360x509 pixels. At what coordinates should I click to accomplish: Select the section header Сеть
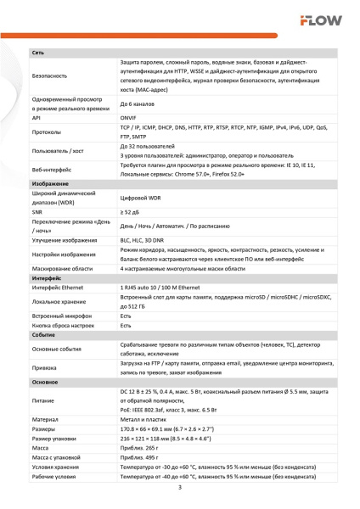click(x=39, y=53)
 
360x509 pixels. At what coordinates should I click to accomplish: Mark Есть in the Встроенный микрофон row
click(x=126, y=316)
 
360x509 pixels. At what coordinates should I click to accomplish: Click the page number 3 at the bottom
click(x=179, y=489)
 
